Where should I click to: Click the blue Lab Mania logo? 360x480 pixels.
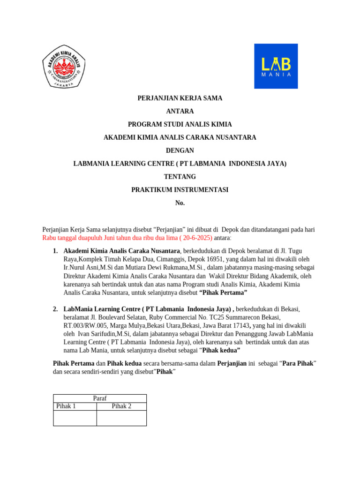(x=276, y=66)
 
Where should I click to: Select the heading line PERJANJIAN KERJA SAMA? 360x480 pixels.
(x=180, y=98)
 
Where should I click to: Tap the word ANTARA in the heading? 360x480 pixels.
(x=180, y=112)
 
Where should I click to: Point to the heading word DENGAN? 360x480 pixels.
(x=180, y=150)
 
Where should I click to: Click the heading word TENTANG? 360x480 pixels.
(x=180, y=177)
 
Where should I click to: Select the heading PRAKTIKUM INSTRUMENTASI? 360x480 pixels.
(x=180, y=190)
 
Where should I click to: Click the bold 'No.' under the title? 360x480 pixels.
(x=180, y=203)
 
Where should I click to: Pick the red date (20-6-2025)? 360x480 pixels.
(x=194, y=238)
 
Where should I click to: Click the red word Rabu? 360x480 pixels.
(x=50, y=238)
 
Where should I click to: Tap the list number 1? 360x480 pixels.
(x=55, y=251)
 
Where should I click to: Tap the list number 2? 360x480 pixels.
(x=55, y=309)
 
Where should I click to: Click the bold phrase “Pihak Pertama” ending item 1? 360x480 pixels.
(x=223, y=293)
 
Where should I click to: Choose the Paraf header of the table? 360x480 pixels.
(x=100, y=398)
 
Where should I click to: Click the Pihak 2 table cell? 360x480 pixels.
(x=121, y=406)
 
